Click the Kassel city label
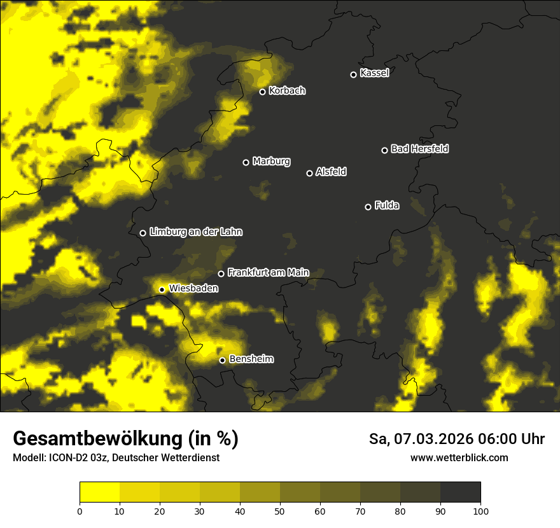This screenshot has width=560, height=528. [374, 73]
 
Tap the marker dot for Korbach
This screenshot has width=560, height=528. [262, 92]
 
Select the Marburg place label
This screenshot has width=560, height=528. [271, 162]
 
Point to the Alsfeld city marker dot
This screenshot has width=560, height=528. [309, 173]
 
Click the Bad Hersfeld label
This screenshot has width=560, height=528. [419, 149]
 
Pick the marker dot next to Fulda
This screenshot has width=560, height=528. [368, 207]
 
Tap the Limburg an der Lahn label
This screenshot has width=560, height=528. [195, 232]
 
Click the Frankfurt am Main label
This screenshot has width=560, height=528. [268, 272]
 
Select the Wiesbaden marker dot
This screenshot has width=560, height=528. [162, 289]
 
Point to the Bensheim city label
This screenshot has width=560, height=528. [251, 359]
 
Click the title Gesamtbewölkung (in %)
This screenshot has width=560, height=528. [125, 439]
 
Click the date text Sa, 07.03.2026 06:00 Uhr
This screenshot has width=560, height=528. [456, 439]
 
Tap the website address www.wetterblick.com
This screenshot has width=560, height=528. [459, 457]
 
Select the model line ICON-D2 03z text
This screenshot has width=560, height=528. [116, 458]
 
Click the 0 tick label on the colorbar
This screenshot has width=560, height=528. [80, 511]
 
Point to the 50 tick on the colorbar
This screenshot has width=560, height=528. [280, 511]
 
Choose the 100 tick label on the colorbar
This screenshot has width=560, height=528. [480, 511]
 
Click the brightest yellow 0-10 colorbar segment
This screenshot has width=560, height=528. [99, 492]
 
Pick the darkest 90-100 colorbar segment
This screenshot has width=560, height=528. [460, 492]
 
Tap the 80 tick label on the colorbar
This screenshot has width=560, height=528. [400, 511]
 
